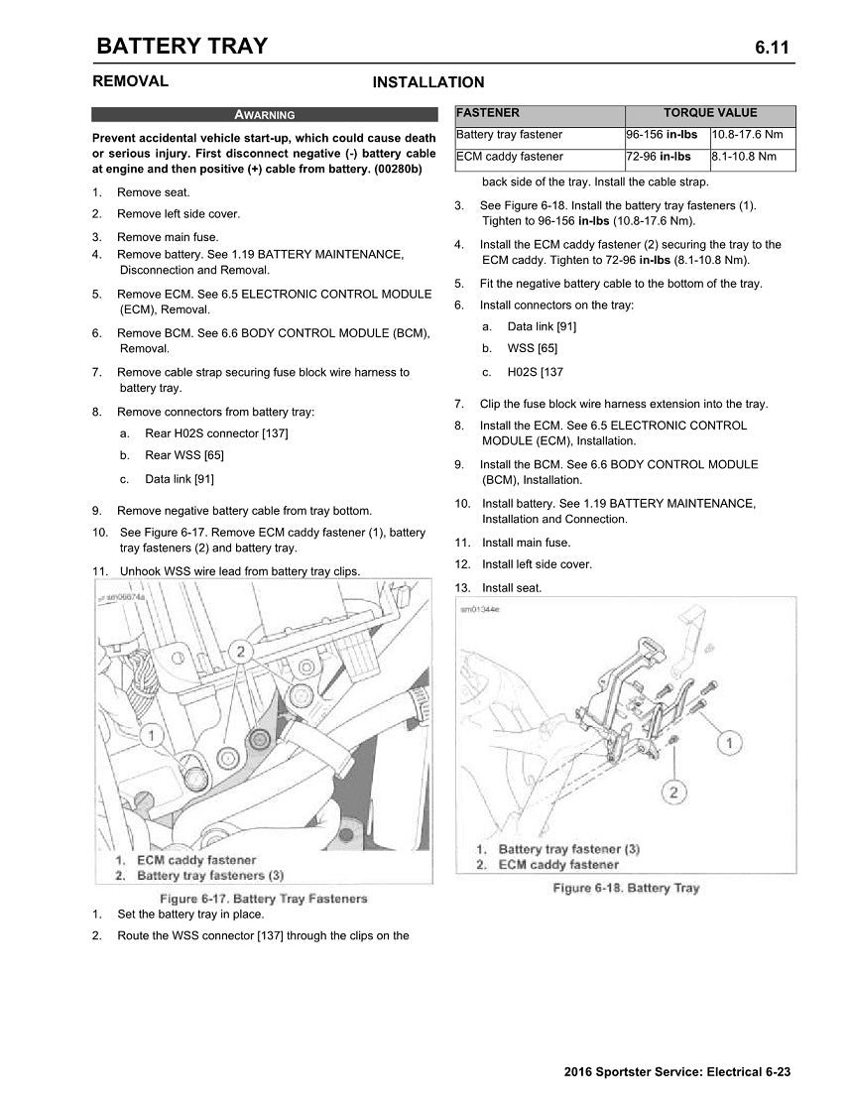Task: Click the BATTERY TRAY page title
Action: (182, 46)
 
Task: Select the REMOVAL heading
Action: (130, 81)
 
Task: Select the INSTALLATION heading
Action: (427, 82)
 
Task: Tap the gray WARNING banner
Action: (264, 114)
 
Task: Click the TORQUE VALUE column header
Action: (709, 113)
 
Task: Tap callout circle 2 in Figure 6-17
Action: (239, 651)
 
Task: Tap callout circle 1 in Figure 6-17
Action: (151, 735)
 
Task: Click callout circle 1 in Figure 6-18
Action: (729, 742)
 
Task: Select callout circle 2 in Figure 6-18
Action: (674, 792)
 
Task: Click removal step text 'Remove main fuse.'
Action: (168, 237)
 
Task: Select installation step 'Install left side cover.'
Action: (537, 564)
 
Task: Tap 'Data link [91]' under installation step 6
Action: (542, 326)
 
